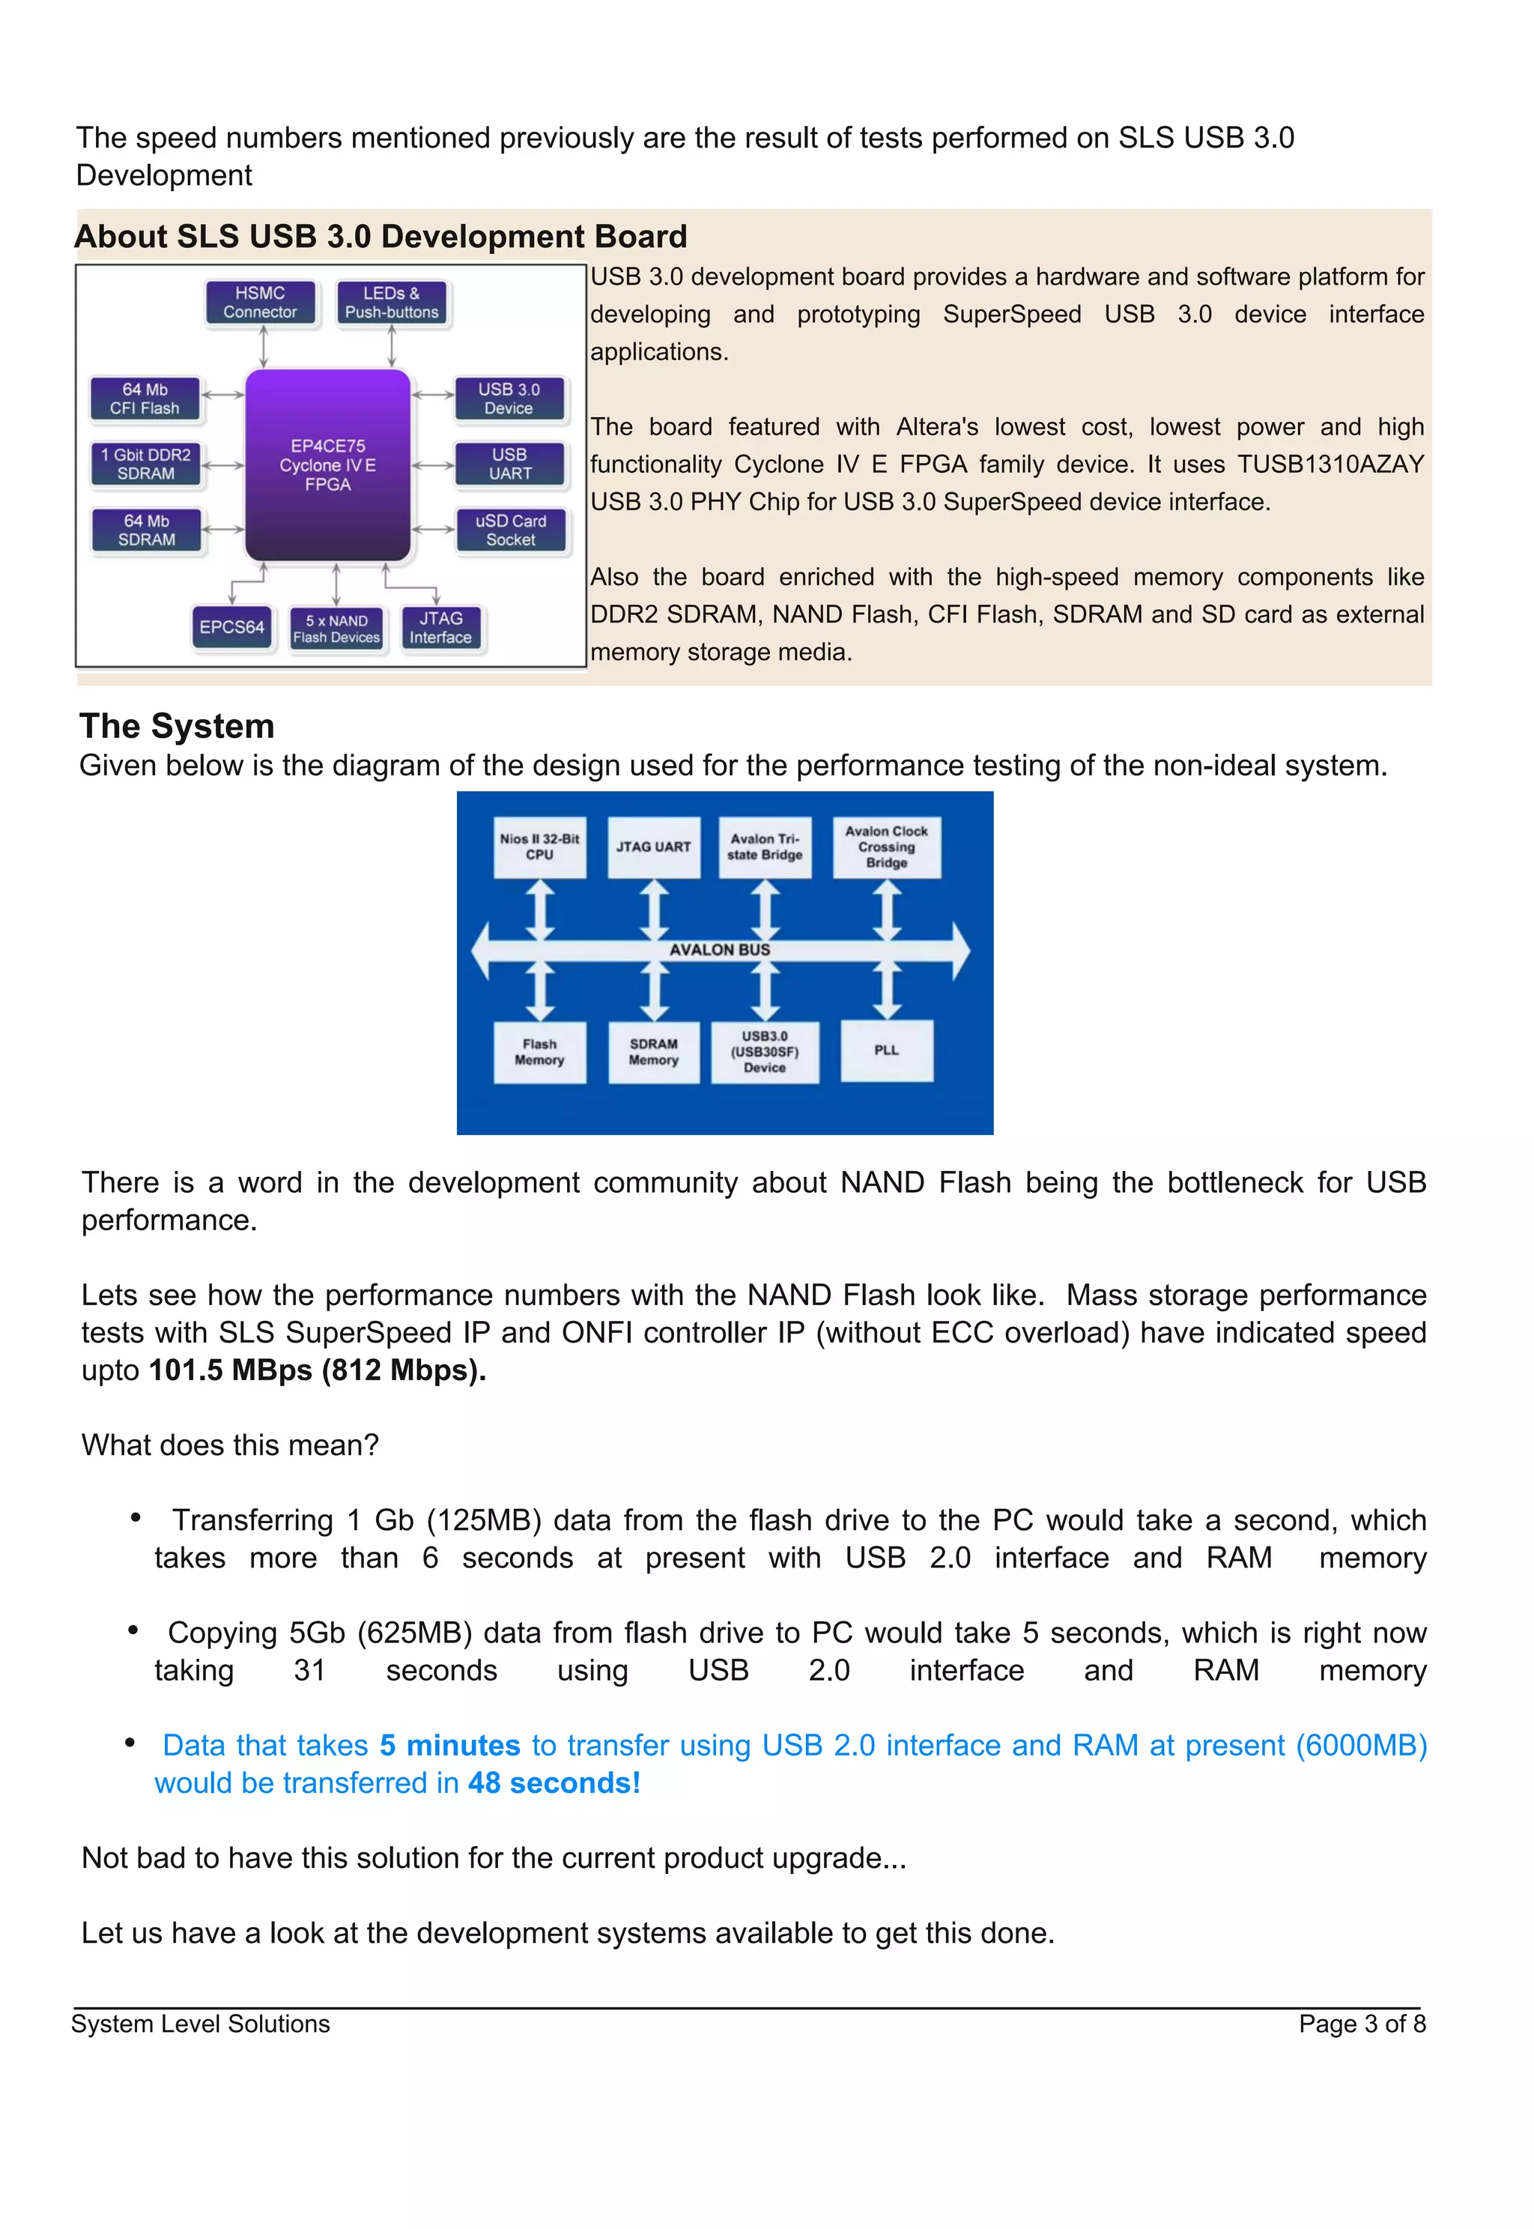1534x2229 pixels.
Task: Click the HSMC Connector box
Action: [261, 303]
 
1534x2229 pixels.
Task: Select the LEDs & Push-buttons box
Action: [392, 303]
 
